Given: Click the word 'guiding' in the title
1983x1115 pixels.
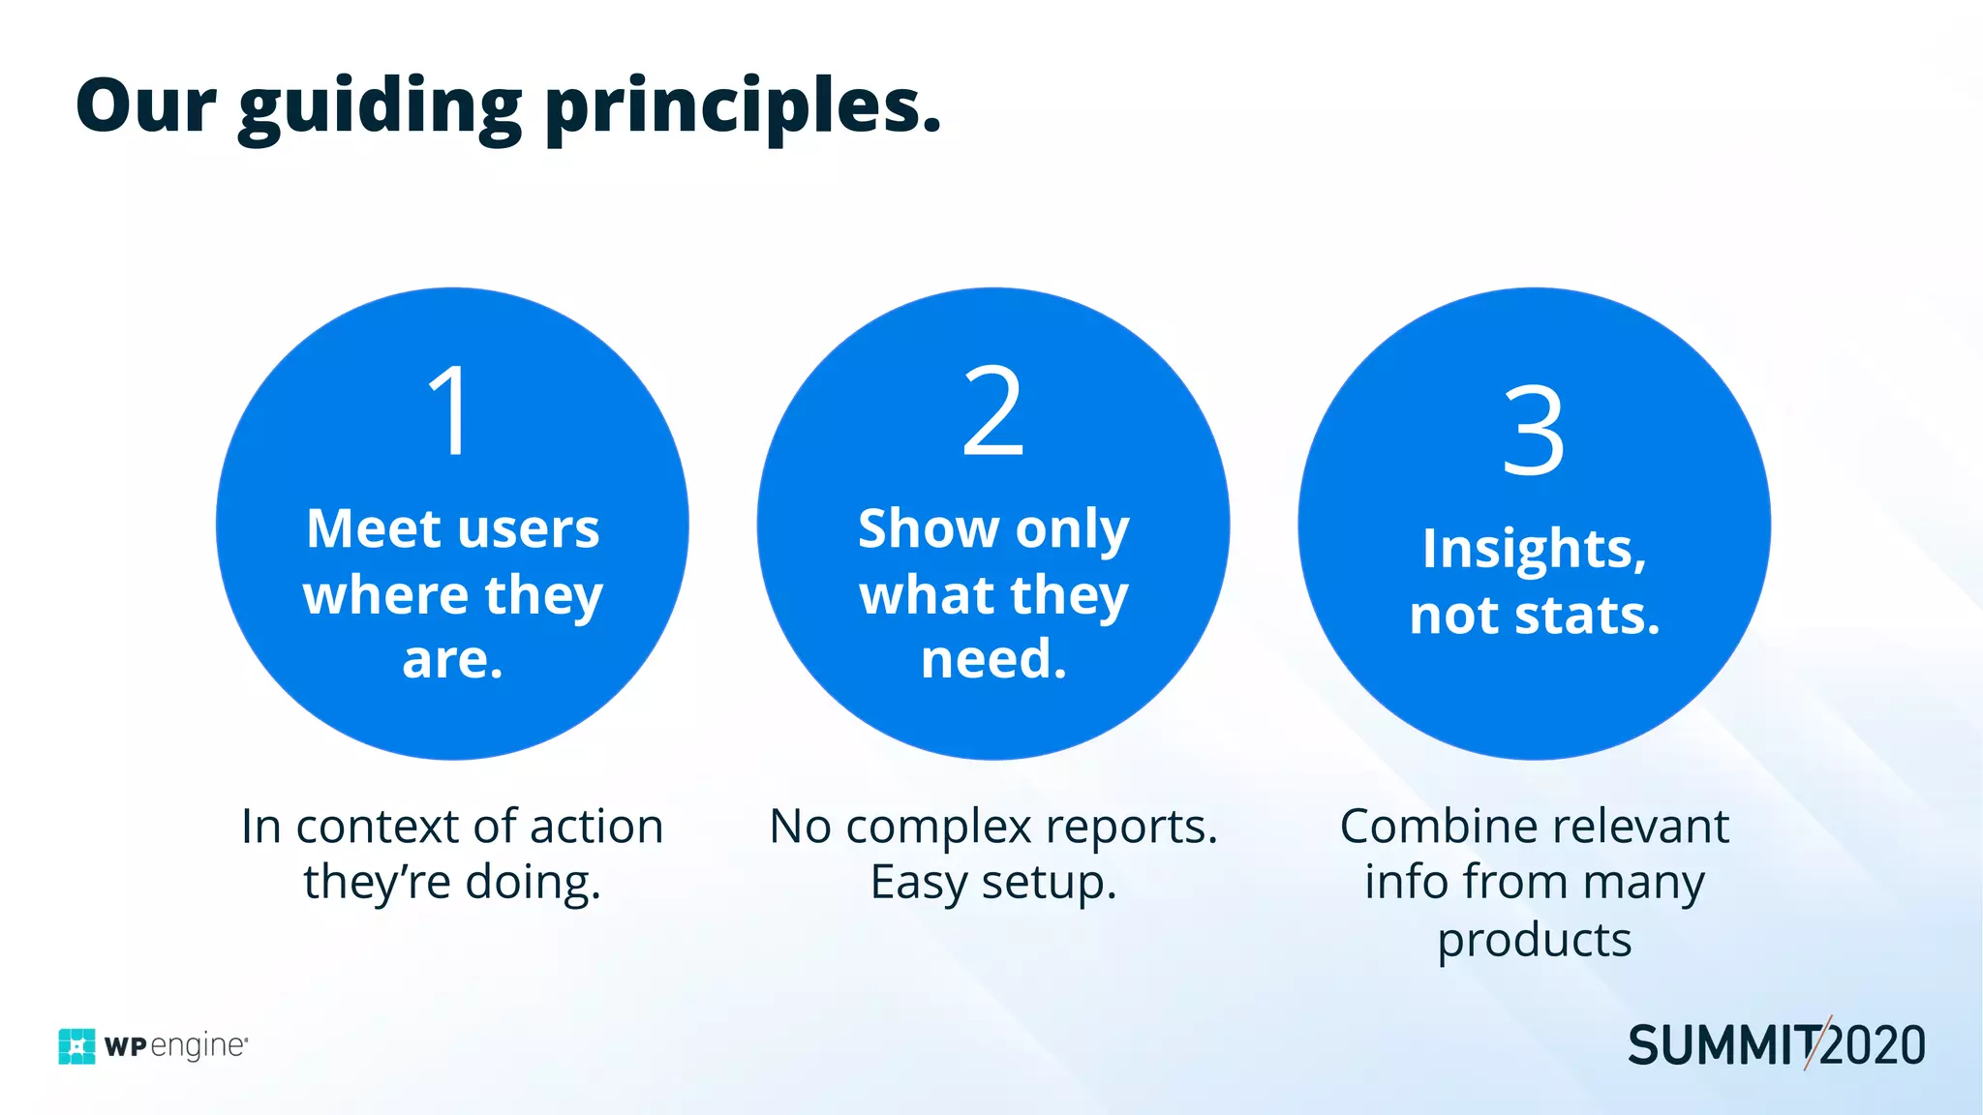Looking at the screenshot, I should click(380, 108).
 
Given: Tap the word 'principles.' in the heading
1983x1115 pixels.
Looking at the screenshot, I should click(744, 108).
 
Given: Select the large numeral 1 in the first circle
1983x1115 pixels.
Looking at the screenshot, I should click(451, 410).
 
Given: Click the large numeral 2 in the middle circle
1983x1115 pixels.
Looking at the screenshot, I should click(993, 410).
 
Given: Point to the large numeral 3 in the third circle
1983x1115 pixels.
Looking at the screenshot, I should click(1534, 430).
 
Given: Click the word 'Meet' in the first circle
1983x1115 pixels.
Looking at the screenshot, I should click(373, 528).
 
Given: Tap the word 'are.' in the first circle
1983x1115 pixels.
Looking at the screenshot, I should click(452, 659).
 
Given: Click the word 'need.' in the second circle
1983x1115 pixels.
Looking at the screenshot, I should click(993, 659).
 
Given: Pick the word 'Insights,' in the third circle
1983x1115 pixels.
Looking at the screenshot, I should click(1534, 549).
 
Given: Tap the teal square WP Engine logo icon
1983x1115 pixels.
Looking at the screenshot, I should click(77, 1046).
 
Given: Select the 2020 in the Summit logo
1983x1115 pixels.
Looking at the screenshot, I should click(1875, 1046).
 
